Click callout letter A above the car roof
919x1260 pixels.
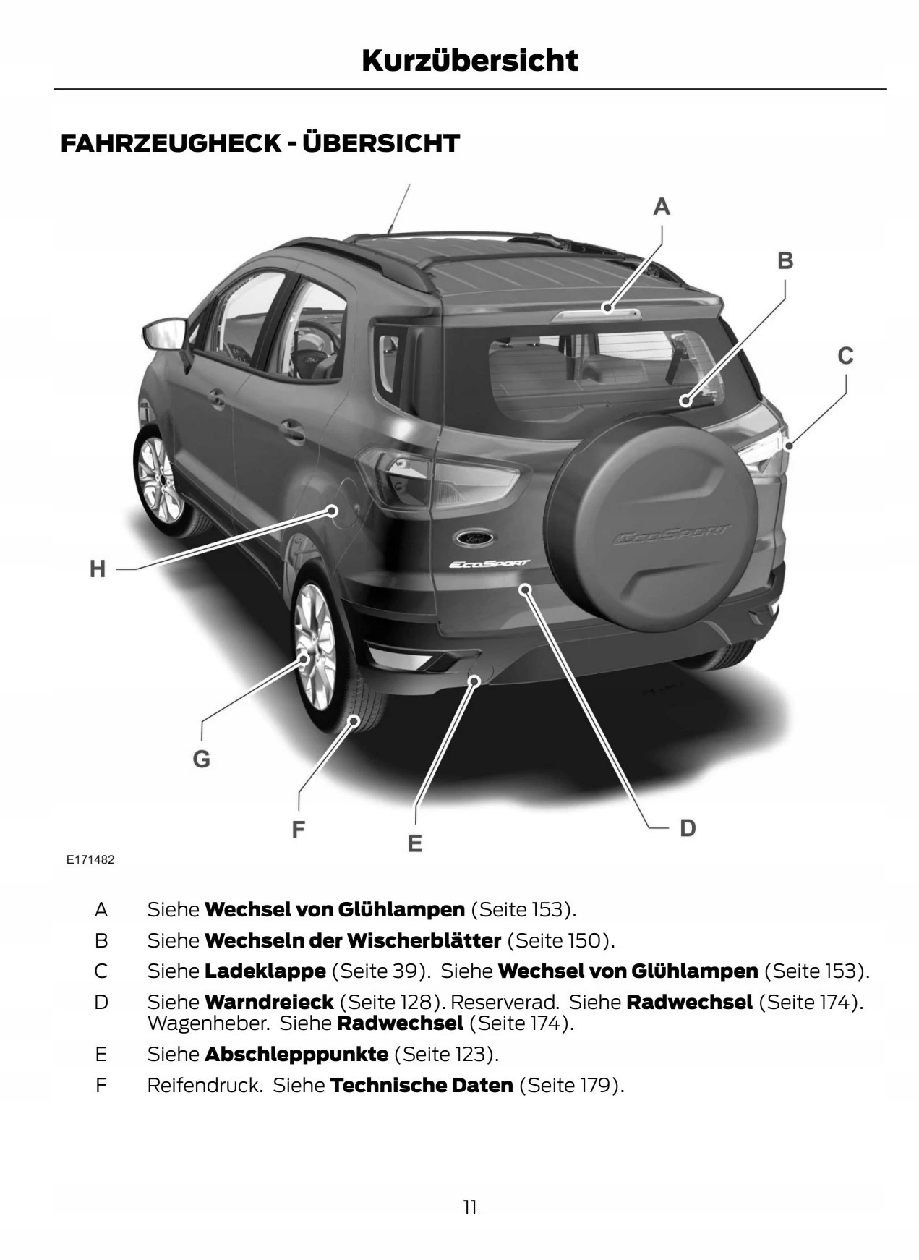[661, 208]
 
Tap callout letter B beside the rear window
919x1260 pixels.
[785, 260]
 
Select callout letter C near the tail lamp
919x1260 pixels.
[845, 356]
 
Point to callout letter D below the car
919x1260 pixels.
[687, 828]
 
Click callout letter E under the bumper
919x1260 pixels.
[414, 843]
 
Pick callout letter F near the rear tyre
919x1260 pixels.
[298, 830]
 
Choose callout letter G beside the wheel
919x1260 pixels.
[201, 759]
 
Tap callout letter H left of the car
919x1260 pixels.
[98, 569]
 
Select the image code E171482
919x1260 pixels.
[90, 860]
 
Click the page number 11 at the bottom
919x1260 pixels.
[470, 1207]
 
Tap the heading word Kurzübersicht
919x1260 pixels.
[469, 61]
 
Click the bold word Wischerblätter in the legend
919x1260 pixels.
[424, 940]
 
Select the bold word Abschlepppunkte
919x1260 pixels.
[296, 1054]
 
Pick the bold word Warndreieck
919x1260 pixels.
[269, 1003]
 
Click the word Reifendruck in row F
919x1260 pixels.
[205, 1085]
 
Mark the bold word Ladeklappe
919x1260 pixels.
[265, 971]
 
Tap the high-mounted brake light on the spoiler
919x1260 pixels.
[597, 313]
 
